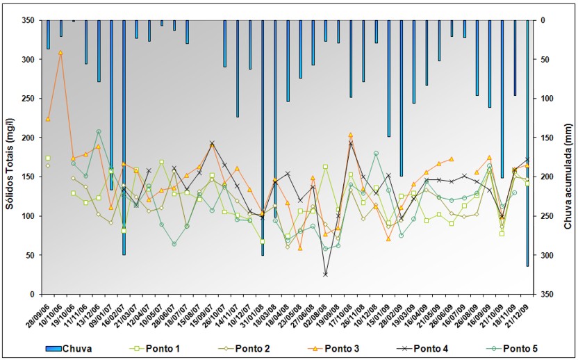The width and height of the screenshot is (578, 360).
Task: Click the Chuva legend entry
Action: click(x=76, y=348)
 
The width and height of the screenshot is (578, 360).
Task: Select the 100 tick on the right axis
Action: click(x=545, y=99)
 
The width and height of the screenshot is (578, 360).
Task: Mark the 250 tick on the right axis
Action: click(x=545, y=216)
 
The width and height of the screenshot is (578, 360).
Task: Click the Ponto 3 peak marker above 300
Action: click(x=60, y=52)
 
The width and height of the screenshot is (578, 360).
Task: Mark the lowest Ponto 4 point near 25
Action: click(x=325, y=275)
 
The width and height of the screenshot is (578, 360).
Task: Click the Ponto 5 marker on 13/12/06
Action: click(x=99, y=131)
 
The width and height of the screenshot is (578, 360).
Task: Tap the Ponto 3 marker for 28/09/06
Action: click(x=48, y=119)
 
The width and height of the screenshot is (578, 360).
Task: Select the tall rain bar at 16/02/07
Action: click(x=124, y=139)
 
